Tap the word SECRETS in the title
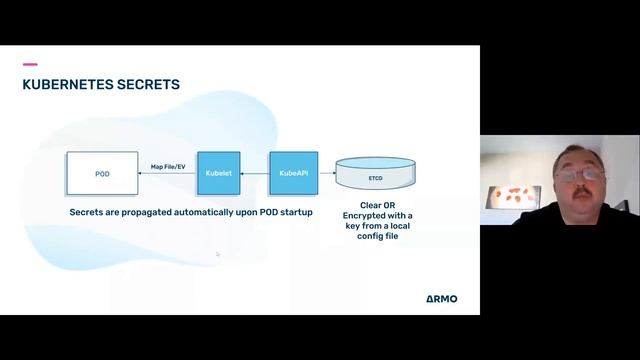click(x=146, y=85)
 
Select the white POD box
click(x=102, y=173)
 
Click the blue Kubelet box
click(x=218, y=173)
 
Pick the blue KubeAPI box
click(x=291, y=173)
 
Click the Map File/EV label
click(x=168, y=166)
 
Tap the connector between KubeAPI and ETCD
click(x=324, y=174)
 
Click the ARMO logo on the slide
click(x=434, y=298)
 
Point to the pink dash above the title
click(x=30, y=64)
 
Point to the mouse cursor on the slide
click(x=217, y=254)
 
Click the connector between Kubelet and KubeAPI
click(x=255, y=174)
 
